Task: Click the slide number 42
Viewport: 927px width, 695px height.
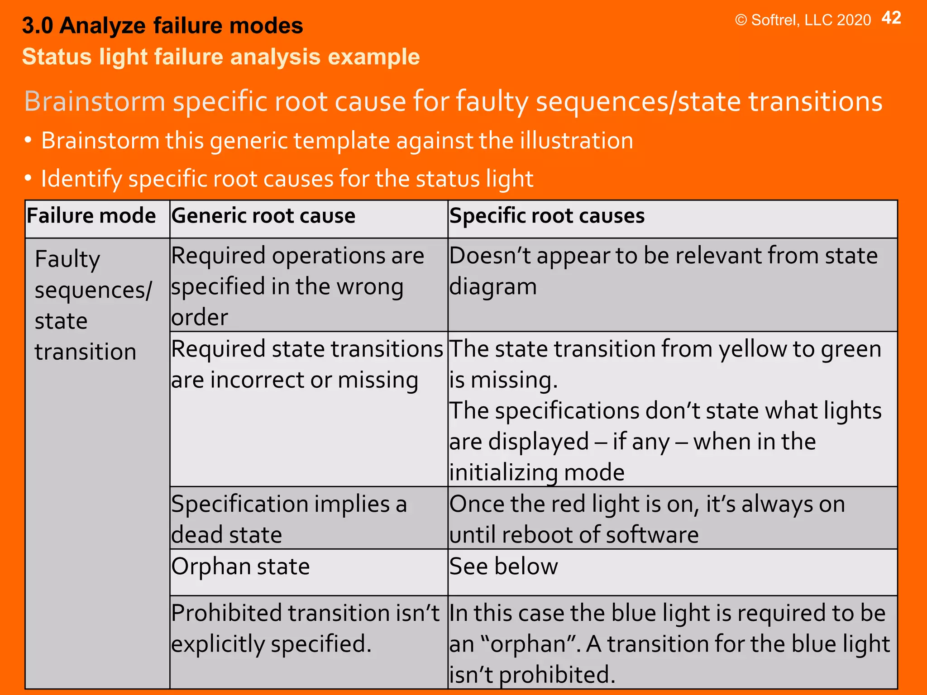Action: pyautogui.click(x=891, y=18)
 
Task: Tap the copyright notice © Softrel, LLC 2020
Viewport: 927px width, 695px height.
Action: pyautogui.click(x=803, y=20)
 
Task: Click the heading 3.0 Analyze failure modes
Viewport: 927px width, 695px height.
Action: pyautogui.click(x=162, y=26)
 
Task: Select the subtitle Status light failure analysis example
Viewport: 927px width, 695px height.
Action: pyautogui.click(x=221, y=57)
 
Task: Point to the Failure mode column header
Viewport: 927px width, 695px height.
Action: pyautogui.click(x=91, y=216)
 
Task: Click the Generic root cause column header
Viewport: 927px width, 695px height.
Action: pyautogui.click(x=263, y=216)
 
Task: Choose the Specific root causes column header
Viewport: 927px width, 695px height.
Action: pyautogui.click(x=547, y=216)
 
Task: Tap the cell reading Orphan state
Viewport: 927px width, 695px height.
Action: pyautogui.click(x=240, y=566)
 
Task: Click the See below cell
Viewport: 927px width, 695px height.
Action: pyautogui.click(x=503, y=566)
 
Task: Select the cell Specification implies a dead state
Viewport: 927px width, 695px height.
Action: pyautogui.click(x=289, y=519)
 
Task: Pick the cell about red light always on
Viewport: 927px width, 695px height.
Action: pyautogui.click(x=647, y=519)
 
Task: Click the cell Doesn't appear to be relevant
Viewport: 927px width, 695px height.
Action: pyautogui.click(x=663, y=271)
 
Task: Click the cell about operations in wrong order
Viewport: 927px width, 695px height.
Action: pyautogui.click(x=297, y=286)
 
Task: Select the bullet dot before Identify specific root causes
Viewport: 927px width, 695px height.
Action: pyautogui.click(x=28, y=178)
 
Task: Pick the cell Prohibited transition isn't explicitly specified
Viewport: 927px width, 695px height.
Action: pyautogui.click(x=305, y=628)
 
